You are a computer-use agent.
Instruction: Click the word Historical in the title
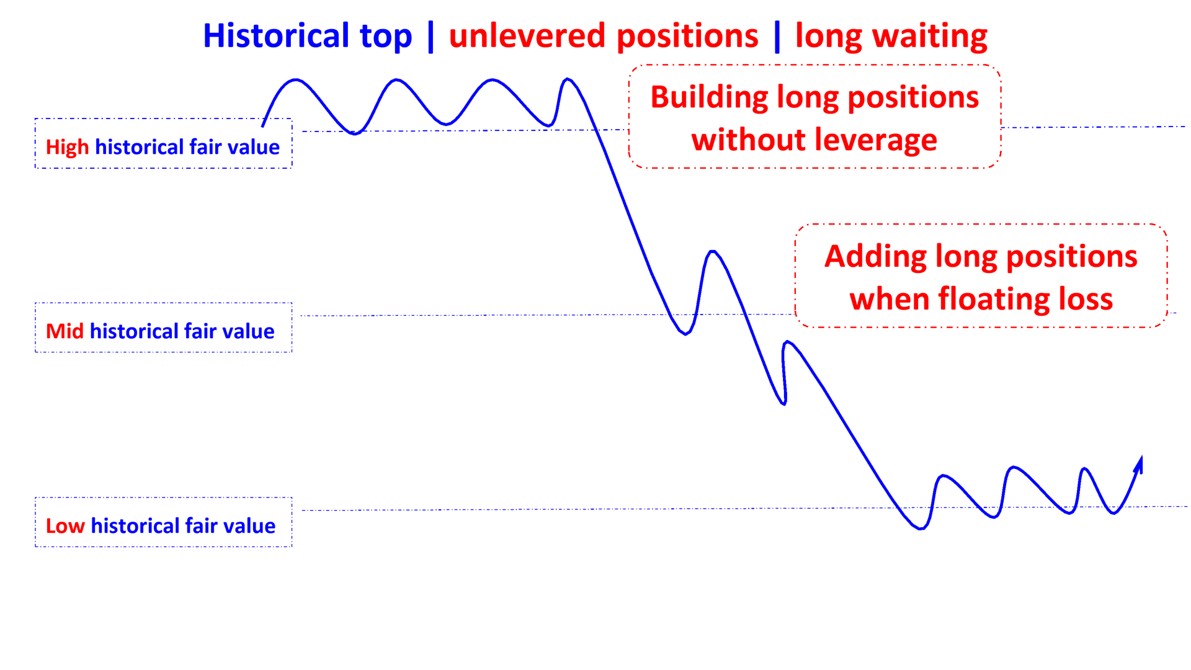tap(276, 36)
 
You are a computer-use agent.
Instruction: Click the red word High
tap(67, 148)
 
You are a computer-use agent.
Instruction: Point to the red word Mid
tap(65, 331)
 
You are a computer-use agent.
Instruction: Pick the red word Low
tap(65, 526)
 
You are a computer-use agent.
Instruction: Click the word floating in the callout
tap(994, 300)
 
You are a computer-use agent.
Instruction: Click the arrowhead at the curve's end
tap(1139, 465)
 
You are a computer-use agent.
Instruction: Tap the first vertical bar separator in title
tap(430, 36)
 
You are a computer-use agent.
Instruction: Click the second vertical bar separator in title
tap(777, 36)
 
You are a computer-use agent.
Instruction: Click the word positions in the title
tap(687, 36)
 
